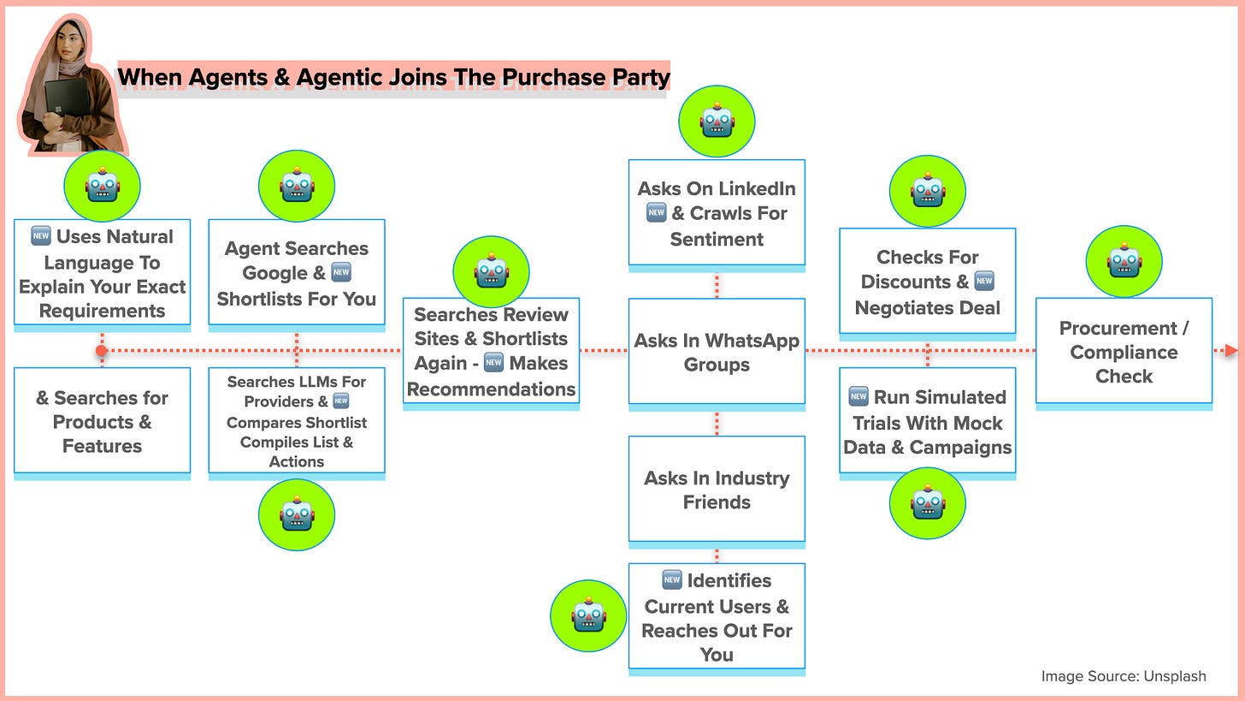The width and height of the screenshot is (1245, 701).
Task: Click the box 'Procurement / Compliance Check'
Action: [1124, 351]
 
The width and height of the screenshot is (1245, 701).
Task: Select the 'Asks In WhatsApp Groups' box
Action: [717, 352]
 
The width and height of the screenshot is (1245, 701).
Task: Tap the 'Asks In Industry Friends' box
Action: [717, 490]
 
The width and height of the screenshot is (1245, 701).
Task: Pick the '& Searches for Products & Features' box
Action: [102, 421]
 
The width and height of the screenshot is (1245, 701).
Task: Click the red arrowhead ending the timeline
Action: [1230, 350]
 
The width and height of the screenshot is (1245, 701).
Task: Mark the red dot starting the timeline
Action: [102, 350]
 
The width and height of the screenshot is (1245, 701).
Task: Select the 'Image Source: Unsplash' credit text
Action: [1124, 675]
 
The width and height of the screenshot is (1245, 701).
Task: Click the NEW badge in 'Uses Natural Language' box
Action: [40, 236]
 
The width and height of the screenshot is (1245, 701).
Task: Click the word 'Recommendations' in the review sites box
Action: [491, 389]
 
